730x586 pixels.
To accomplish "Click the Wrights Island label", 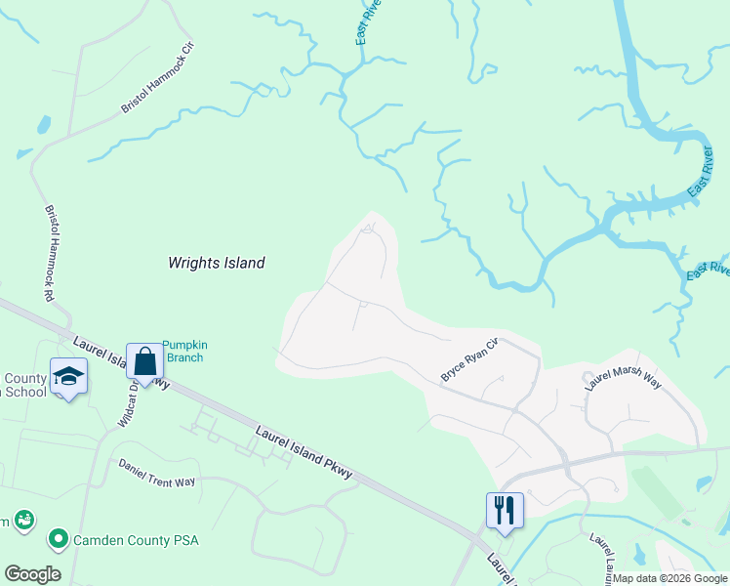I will (217, 263).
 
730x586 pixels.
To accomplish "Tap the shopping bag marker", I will (145, 361).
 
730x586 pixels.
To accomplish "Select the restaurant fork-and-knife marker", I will (505, 510).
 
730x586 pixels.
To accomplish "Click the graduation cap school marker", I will (69, 376).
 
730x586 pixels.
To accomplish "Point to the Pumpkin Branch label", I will (184, 351).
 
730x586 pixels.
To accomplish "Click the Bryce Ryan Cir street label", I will (469, 359).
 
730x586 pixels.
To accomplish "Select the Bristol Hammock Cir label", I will (159, 78).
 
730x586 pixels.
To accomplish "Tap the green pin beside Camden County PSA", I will (58, 538).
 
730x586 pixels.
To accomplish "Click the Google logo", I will (32, 574).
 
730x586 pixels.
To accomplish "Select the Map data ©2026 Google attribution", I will (669, 578).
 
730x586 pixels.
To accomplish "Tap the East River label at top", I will (368, 22).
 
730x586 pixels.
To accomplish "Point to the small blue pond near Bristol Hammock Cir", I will (44, 125).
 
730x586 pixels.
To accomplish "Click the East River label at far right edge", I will (709, 270).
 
